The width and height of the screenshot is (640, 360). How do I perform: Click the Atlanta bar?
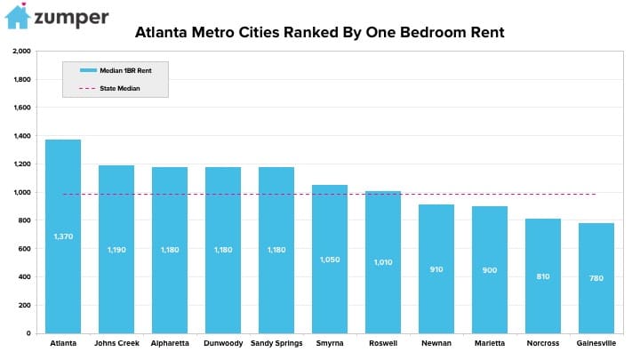63,236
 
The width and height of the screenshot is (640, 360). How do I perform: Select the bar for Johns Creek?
116,250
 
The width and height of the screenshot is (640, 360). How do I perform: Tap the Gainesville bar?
596,278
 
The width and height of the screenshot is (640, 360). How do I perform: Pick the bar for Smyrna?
330,260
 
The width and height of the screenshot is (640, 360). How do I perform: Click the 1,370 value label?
63,236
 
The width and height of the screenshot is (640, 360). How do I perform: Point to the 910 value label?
436,269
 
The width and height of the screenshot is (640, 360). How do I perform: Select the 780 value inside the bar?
596,278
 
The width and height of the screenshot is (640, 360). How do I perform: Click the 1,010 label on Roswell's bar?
383,262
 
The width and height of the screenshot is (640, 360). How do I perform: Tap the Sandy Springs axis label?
276,343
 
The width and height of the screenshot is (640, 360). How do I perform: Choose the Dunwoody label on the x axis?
223,343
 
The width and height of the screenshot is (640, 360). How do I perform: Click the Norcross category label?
543,343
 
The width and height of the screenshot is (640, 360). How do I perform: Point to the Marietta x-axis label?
490,343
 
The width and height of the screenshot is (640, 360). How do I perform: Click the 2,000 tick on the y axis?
21,51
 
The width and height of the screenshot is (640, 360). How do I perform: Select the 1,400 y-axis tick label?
21,136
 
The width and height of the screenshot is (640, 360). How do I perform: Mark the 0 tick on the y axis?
28,333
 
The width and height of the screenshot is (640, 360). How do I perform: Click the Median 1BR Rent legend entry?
116,70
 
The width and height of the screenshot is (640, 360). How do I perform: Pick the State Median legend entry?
109,88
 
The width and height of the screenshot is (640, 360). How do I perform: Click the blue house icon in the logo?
18,16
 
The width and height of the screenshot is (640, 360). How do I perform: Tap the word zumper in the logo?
71,19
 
